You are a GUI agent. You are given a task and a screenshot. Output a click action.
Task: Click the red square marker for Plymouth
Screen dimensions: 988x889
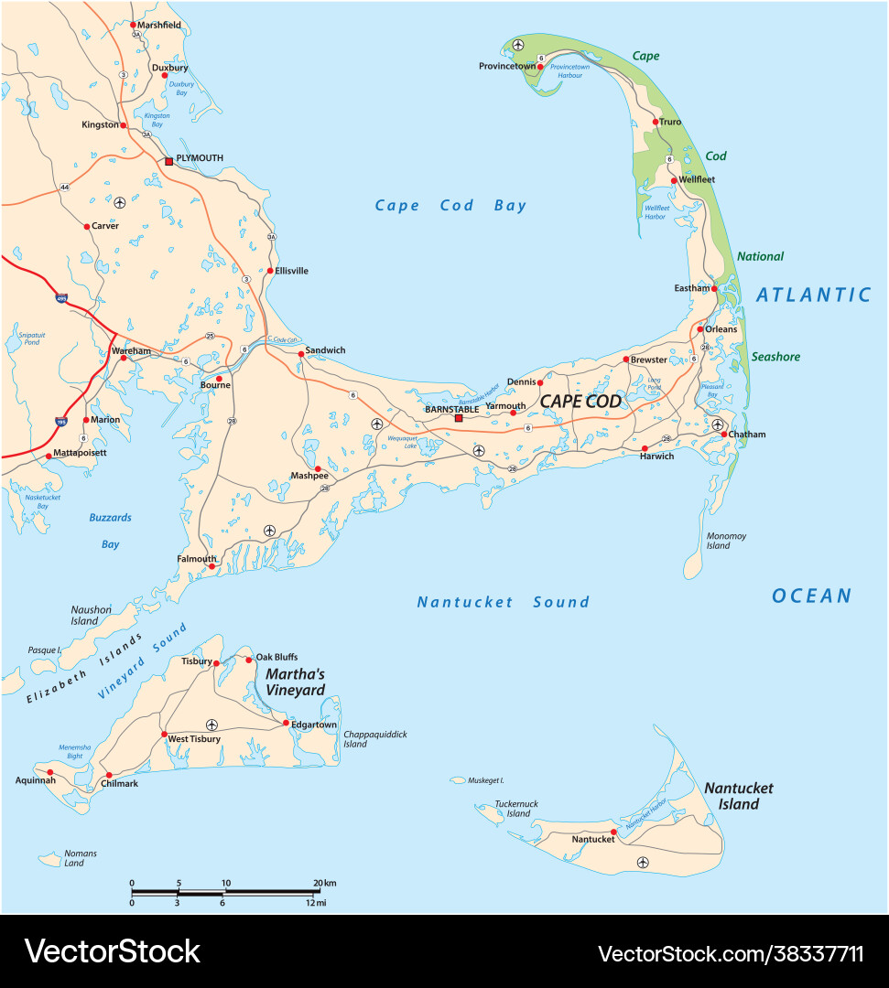tap(168, 162)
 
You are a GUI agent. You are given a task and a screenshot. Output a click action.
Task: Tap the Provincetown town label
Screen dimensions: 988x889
tap(506, 66)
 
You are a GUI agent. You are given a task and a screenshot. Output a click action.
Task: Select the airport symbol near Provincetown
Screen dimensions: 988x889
tap(518, 44)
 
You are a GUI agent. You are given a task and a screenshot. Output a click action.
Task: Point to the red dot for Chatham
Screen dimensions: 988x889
tap(723, 435)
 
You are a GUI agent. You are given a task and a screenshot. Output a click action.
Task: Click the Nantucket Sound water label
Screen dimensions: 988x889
tap(503, 602)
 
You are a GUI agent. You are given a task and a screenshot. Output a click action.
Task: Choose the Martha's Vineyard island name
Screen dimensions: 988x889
tap(295, 682)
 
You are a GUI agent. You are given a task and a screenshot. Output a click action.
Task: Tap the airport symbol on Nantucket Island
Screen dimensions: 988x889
tap(643, 863)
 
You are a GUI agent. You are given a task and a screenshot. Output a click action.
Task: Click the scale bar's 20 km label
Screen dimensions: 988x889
tap(324, 884)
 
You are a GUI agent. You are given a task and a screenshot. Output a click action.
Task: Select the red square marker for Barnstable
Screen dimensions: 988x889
tap(459, 419)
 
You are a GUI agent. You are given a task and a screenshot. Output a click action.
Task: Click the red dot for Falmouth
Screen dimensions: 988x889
tap(211, 566)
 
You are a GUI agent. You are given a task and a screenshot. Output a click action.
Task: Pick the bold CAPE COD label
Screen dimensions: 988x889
tap(580, 401)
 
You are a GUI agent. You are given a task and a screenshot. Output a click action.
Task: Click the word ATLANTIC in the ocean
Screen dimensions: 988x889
tap(813, 295)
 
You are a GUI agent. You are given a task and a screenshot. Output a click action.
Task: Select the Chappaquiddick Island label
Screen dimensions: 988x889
tap(374, 739)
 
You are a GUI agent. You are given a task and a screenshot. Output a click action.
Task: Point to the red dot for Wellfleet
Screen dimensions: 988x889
tap(674, 180)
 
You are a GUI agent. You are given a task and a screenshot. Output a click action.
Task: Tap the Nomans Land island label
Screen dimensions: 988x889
tap(80, 858)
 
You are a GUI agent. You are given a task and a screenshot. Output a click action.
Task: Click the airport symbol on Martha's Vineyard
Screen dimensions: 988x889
tap(212, 725)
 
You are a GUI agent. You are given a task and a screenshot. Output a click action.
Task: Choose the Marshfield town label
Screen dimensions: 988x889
tap(159, 25)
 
